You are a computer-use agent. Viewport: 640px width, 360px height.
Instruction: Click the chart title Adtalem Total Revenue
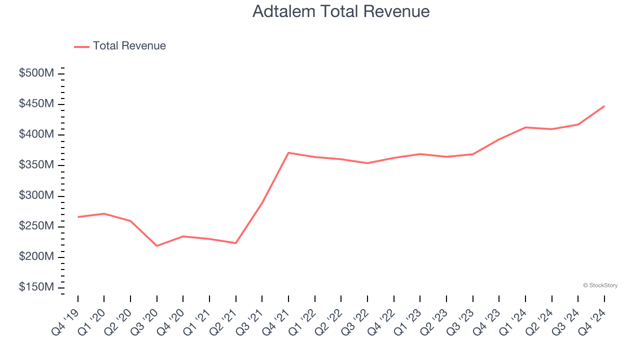[341, 11]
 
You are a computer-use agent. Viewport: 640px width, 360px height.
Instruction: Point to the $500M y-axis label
[36, 73]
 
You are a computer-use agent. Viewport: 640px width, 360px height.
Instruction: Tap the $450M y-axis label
[36, 104]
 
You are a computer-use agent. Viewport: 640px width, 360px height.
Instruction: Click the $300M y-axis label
[36, 195]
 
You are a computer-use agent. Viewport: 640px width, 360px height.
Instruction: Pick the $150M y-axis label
[36, 287]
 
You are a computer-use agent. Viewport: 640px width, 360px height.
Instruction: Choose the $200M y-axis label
[36, 257]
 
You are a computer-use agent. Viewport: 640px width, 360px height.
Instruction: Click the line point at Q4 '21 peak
[288, 152]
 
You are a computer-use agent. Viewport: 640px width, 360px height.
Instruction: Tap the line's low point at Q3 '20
[157, 246]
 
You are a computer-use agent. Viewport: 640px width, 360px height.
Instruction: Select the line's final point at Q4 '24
[604, 106]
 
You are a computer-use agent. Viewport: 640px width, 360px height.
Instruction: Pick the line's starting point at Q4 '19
[78, 217]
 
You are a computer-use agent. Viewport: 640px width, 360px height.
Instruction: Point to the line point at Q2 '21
[236, 243]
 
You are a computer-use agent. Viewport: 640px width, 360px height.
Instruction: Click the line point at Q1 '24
[525, 127]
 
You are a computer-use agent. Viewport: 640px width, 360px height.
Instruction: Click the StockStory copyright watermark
[600, 285]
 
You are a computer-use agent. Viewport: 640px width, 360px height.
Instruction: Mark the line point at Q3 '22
[367, 163]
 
